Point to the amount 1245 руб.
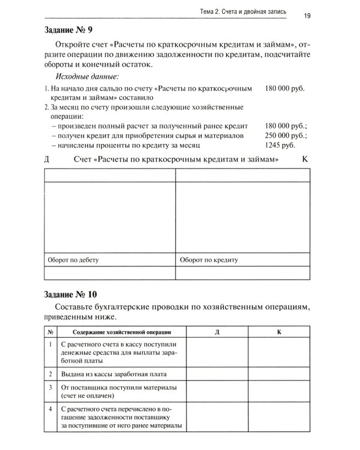click(280, 145)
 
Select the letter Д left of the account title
click(47, 160)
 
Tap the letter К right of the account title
click(305, 160)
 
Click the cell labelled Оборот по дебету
click(73, 260)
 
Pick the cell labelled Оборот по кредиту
click(209, 260)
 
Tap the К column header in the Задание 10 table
click(279, 331)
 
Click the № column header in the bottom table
click(51, 331)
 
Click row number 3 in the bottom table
click(51, 388)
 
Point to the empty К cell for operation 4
click(279, 418)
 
